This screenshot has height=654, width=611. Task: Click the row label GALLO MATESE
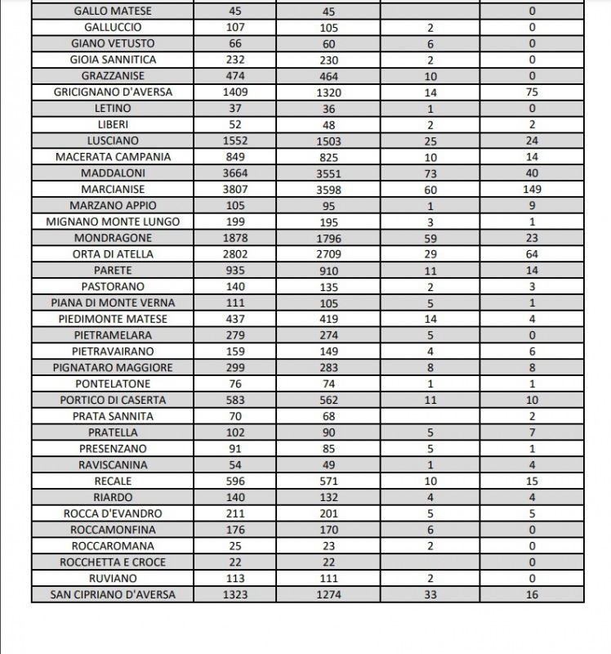113,11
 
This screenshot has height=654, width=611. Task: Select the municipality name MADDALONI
113,173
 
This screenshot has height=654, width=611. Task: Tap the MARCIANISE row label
113,189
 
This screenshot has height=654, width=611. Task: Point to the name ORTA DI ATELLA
113,254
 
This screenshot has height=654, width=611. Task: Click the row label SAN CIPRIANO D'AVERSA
113,594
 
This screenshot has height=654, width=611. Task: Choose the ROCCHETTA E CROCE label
113,562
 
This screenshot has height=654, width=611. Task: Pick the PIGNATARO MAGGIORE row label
113,368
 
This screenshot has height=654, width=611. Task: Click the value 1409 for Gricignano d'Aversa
235,92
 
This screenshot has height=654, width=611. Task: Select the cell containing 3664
235,173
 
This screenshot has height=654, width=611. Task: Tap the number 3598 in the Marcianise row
328,190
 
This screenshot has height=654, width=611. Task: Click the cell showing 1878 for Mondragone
235,238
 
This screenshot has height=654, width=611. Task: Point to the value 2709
328,254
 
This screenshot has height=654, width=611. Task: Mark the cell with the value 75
532,92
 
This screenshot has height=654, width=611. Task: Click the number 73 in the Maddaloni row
430,173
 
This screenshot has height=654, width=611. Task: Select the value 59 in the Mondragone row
430,238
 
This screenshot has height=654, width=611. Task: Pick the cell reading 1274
328,594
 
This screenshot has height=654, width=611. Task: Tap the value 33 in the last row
430,594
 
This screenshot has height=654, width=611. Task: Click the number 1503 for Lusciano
328,141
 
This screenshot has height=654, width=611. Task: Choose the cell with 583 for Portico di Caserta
235,400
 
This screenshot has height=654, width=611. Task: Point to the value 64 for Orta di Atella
532,254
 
